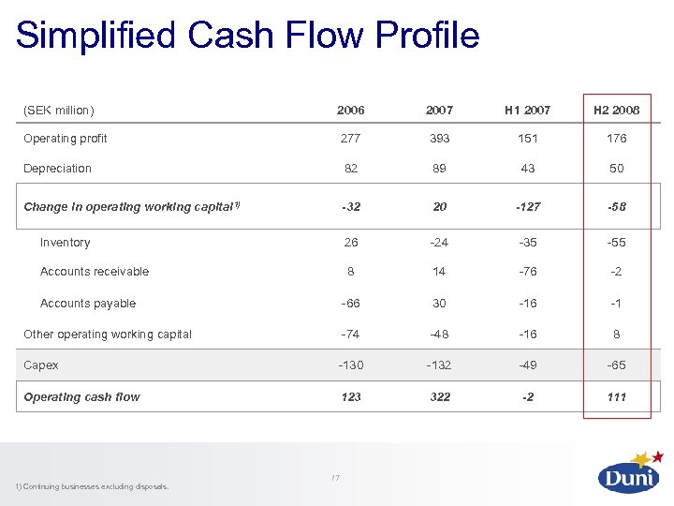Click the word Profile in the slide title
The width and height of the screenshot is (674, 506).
[x=427, y=36]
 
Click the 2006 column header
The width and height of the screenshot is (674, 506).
[x=350, y=111]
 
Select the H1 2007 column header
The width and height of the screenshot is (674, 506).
[x=528, y=111]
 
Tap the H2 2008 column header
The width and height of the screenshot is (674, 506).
[x=617, y=111]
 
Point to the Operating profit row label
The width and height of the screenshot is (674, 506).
[x=66, y=139]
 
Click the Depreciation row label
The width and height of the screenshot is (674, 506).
[x=57, y=169]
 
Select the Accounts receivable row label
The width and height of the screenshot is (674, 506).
[x=95, y=272]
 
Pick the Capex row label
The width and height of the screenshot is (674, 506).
[x=40, y=365]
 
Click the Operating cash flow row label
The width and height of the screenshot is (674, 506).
[x=81, y=397]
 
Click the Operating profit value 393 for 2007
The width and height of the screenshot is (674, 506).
[x=439, y=139]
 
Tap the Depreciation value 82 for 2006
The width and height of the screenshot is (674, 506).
[x=350, y=169]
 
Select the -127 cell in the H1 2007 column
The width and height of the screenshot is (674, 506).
[x=528, y=207]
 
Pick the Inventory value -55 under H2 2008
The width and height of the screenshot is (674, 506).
[x=616, y=243]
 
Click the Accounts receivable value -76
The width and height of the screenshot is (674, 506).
[x=528, y=272]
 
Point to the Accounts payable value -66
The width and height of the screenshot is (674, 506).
[x=350, y=304]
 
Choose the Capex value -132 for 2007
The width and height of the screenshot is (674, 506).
[x=439, y=365]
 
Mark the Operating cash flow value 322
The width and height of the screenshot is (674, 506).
[x=439, y=397]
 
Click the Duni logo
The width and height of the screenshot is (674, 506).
[x=629, y=473]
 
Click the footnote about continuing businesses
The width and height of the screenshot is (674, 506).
[x=92, y=486]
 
